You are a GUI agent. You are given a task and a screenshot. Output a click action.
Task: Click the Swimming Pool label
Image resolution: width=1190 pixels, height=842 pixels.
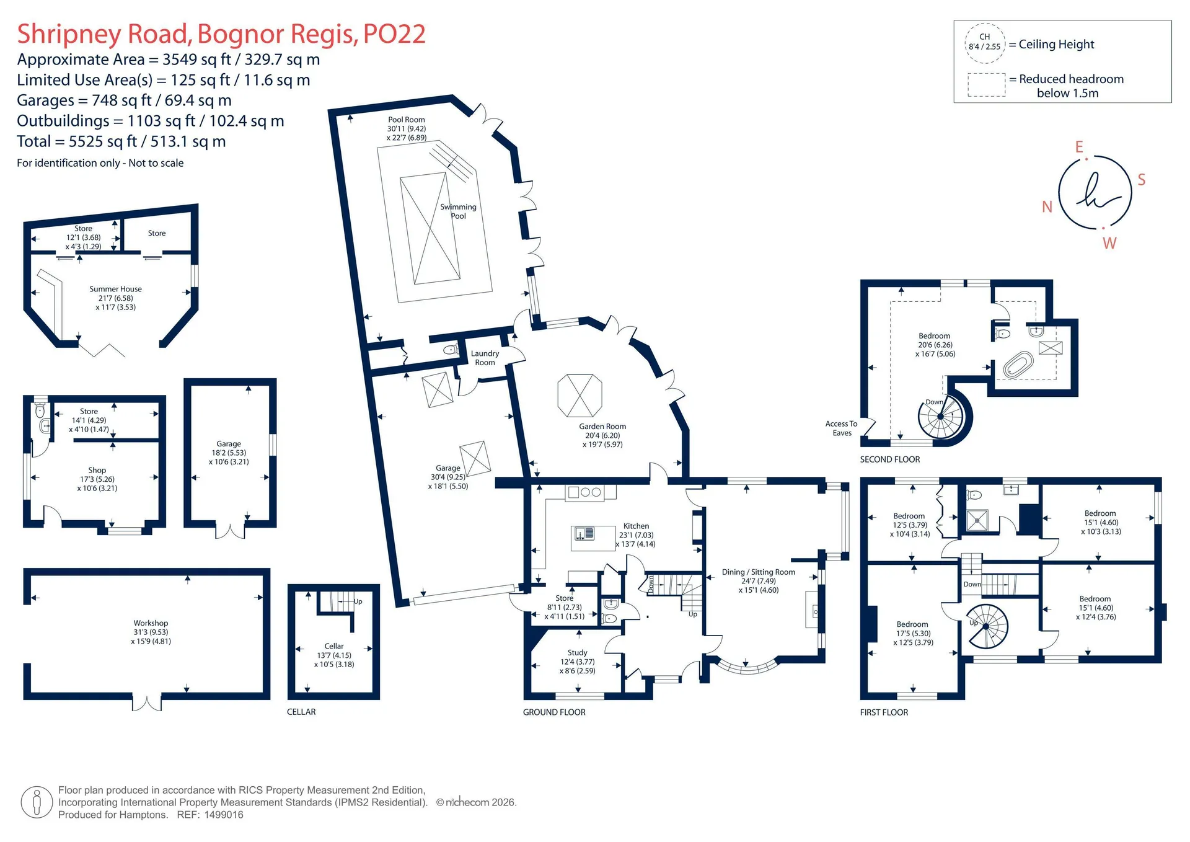tap(458, 211)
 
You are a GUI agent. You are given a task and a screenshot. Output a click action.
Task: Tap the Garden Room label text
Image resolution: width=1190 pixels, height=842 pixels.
tap(602, 427)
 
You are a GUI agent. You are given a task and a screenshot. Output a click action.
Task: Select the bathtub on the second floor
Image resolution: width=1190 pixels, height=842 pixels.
tap(1018, 366)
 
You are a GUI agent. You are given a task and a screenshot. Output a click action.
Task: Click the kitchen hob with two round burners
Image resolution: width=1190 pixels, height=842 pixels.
tap(591, 492)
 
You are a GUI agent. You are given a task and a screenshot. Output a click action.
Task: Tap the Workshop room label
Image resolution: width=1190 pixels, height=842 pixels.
tap(151, 623)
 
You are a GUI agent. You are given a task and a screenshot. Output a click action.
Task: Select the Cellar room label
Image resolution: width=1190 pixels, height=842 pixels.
tap(334, 646)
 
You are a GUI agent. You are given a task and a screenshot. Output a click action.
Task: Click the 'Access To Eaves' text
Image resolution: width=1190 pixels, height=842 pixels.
tap(841, 428)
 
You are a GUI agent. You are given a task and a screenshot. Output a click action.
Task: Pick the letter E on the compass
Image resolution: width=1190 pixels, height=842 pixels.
tap(1079, 147)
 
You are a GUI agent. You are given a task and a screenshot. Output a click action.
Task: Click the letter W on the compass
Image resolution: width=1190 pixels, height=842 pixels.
tap(1109, 243)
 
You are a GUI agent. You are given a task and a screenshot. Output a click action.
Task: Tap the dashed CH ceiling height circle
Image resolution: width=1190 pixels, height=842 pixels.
tap(985, 42)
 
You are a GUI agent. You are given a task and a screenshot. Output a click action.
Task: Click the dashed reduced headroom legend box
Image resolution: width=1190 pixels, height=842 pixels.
tap(987, 85)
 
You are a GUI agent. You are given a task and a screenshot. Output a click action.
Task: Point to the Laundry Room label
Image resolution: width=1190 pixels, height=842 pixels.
tap(485, 358)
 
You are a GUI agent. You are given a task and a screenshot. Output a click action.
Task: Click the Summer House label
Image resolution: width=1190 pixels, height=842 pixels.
tap(115, 289)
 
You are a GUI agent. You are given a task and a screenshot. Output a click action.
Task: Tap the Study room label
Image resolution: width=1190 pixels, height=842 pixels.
tap(577, 653)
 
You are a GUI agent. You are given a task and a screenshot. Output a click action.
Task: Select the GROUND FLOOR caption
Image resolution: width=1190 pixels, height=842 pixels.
tap(554, 712)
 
